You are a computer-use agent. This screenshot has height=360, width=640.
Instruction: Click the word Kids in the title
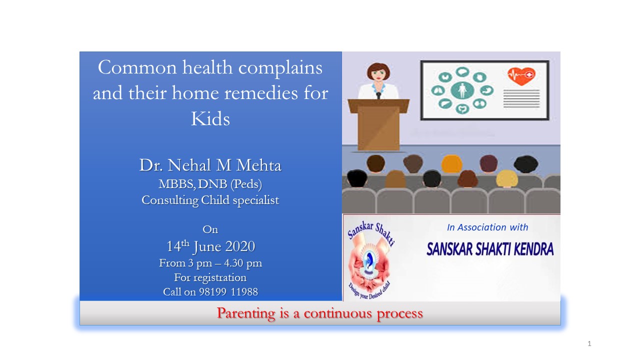point(210,118)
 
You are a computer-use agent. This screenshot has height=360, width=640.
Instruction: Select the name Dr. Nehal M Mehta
point(210,165)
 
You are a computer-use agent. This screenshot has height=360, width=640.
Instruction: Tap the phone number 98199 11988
point(228,292)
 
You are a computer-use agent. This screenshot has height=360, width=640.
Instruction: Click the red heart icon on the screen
point(521,76)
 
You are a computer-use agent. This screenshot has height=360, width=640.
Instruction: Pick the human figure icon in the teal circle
point(462,90)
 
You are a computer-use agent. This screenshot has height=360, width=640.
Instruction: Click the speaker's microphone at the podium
point(378,95)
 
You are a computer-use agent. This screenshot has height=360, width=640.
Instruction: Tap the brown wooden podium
point(378,124)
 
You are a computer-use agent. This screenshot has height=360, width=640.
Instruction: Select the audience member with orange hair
point(451,163)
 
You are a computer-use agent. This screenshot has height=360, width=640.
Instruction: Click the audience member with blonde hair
point(507,178)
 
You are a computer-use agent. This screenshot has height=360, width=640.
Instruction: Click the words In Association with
point(487,227)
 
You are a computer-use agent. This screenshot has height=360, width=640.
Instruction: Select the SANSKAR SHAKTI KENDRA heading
point(490,249)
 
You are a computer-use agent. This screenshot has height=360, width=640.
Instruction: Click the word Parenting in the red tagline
point(246,313)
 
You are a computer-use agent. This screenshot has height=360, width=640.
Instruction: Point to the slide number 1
point(589,343)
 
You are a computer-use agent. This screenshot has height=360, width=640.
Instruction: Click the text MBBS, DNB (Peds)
point(210,184)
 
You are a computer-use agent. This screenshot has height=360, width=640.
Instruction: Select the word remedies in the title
point(261,93)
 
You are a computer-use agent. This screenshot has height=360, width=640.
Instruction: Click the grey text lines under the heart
point(521,98)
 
